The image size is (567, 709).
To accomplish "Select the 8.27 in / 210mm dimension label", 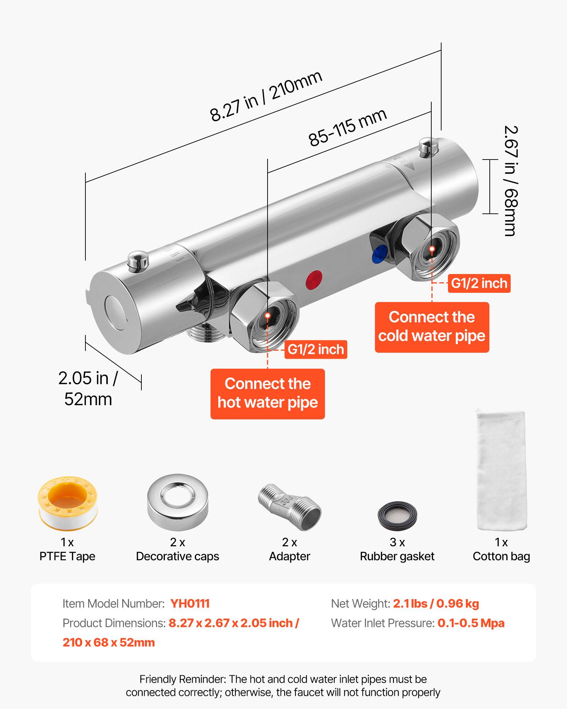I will click(266, 96).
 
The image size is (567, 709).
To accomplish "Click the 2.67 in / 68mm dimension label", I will click(511, 181).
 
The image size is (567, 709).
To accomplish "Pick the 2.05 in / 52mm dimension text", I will click(88, 389).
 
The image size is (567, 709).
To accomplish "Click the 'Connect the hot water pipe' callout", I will click(268, 393).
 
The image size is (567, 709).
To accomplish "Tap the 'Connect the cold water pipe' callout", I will click(432, 327).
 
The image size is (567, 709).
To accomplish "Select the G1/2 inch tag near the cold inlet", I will click(479, 283).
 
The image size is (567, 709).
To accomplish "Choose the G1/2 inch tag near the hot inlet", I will click(315, 350).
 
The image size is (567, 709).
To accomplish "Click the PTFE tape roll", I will click(67, 503).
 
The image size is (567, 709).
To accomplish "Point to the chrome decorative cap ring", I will click(178, 502).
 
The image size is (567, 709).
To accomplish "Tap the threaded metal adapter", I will click(290, 507).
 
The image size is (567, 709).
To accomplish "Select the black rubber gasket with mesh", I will click(397, 514).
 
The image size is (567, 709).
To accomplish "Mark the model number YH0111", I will click(190, 603).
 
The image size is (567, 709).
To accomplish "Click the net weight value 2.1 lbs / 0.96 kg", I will click(436, 603).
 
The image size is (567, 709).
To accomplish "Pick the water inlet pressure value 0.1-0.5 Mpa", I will click(471, 623).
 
